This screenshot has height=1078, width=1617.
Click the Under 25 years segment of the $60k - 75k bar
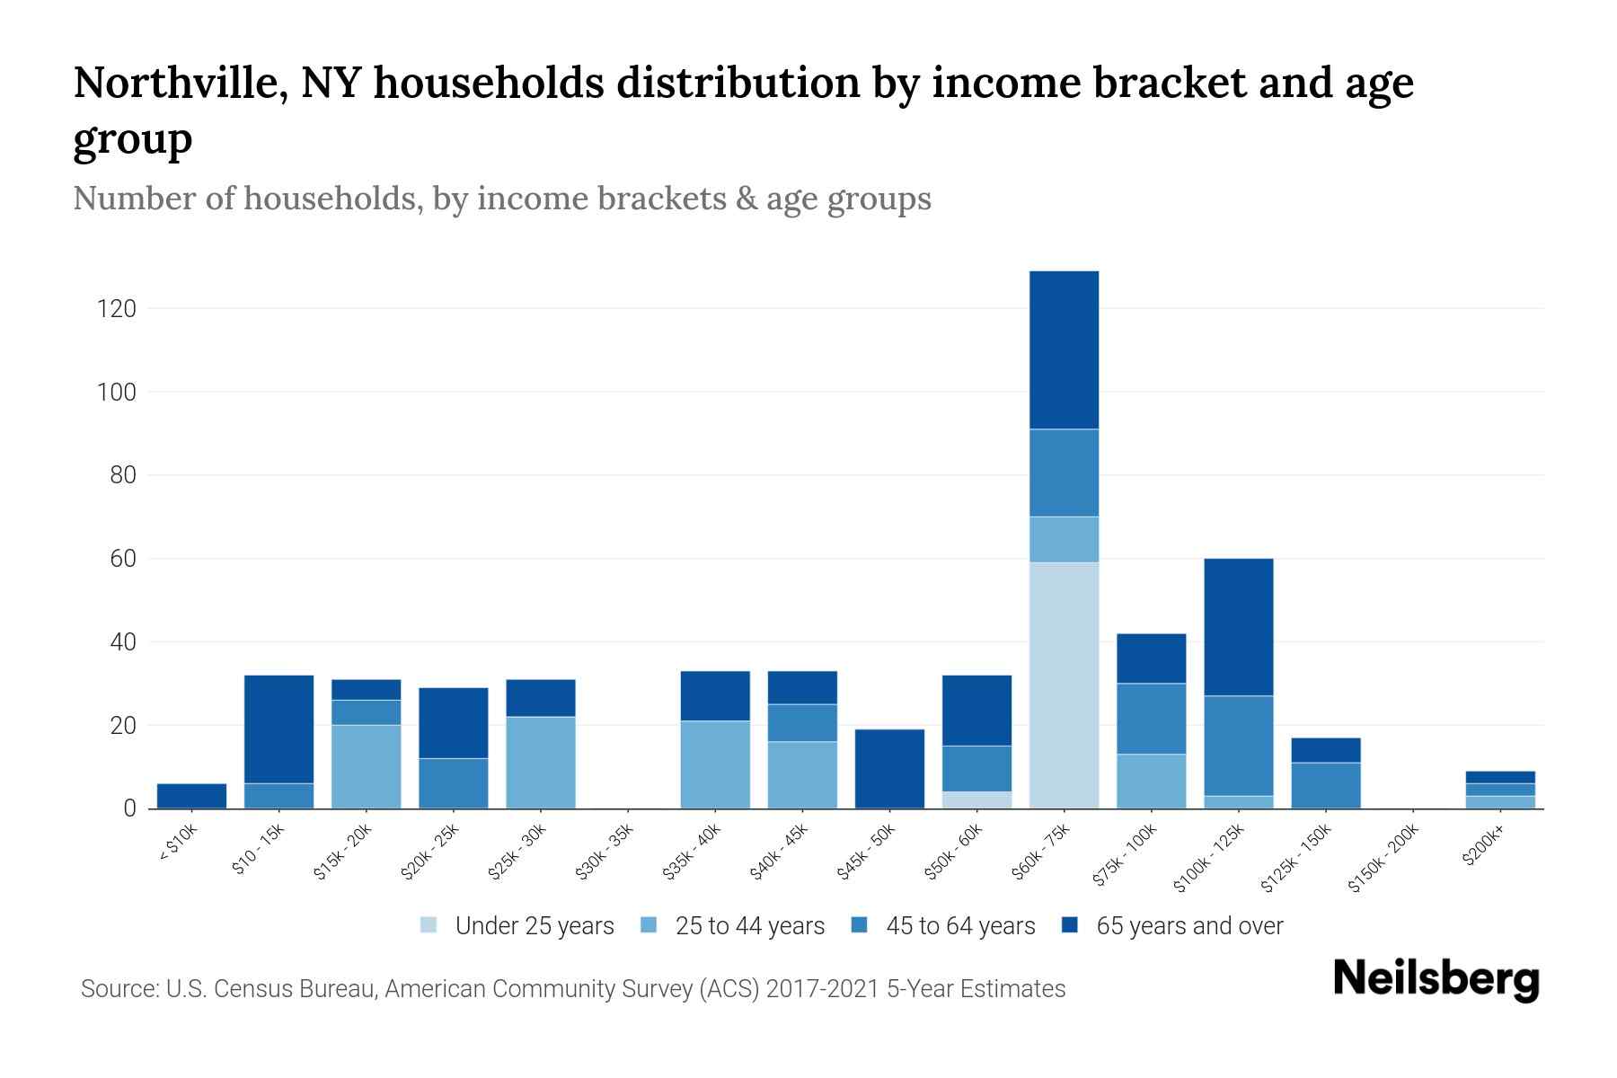click(1064, 685)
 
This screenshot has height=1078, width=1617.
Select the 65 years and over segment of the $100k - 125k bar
click(1238, 627)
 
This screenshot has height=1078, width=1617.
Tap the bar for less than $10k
click(191, 796)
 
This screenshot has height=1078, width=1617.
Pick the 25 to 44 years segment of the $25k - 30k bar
click(541, 762)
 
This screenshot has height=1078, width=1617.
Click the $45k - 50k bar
click(889, 768)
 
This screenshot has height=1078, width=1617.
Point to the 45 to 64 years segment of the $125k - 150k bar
click(1325, 785)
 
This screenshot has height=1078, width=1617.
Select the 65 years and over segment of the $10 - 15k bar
click(278, 729)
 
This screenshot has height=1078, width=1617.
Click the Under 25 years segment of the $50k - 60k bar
click(976, 800)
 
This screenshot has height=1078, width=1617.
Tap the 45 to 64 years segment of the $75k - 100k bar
click(1151, 719)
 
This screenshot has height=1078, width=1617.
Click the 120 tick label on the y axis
click(116, 309)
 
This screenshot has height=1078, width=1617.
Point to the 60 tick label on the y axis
click(122, 559)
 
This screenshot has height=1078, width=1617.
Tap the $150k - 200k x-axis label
click(1383, 858)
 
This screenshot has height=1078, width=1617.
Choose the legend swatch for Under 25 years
click(429, 925)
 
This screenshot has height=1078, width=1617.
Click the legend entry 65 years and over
click(1188, 926)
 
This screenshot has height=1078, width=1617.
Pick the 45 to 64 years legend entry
click(959, 926)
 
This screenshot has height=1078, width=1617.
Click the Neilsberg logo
click(1436, 979)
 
